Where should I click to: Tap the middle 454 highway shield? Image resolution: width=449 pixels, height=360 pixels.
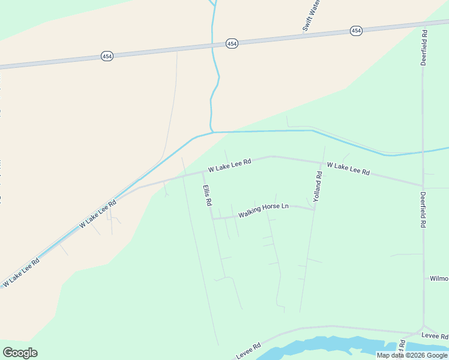coord(232,44)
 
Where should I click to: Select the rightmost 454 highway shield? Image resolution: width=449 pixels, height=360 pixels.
coord(356,31)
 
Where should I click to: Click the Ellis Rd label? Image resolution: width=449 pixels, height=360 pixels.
coord(207,196)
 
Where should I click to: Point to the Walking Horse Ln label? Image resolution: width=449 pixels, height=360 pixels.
coord(264,211)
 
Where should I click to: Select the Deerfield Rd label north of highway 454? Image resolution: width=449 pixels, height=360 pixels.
coord(424,47)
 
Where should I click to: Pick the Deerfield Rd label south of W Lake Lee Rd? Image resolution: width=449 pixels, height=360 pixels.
coord(423,209)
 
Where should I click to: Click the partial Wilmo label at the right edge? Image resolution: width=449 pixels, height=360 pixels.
coord(438,278)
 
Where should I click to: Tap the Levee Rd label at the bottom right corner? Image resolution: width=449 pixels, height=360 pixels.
coord(435,335)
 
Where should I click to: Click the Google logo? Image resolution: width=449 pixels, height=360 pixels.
coord(20,353)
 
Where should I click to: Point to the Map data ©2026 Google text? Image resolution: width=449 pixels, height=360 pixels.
coord(412,355)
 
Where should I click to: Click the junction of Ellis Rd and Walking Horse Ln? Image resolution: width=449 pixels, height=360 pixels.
coord(212,219)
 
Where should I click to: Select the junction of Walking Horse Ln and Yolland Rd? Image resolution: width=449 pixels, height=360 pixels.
coord(314,209)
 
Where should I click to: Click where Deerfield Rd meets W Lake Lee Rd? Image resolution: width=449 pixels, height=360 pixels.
coord(423,185)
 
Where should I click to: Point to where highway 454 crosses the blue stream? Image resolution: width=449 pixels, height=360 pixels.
coord(212,46)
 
